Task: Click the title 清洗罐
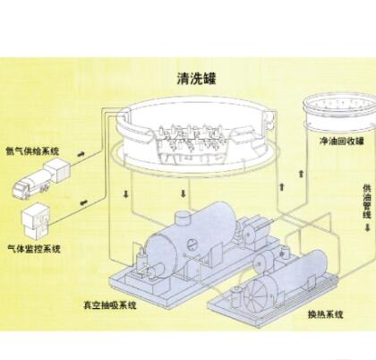coord(196,79)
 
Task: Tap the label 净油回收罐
coord(342,141)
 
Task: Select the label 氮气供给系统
coord(32,151)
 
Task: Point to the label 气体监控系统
coord(34,248)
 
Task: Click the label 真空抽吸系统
coord(110,305)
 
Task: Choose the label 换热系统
coord(326,314)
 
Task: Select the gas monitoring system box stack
coord(36,221)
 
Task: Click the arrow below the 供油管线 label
coord(367,227)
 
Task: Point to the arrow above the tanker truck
coord(81,154)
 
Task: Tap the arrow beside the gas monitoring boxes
coord(83,203)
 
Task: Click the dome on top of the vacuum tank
coord(183,219)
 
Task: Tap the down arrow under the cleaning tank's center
coord(184,194)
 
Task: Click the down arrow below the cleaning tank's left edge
coord(125,194)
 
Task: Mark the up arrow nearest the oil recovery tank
coord(302,174)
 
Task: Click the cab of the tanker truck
coord(21,189)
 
